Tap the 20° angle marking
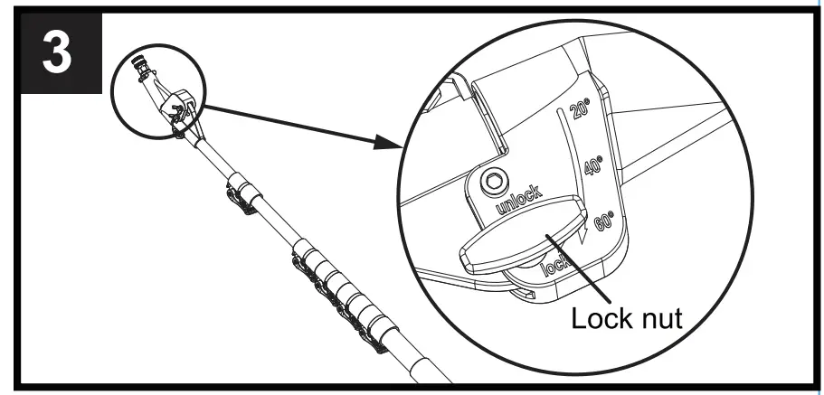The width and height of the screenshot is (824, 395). (x=580, y=111)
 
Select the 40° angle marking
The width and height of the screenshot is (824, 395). (x=594, y=166)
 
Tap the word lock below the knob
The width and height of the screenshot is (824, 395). (x=554, y=267)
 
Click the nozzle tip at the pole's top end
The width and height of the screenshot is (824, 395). (x=140, y=66)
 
